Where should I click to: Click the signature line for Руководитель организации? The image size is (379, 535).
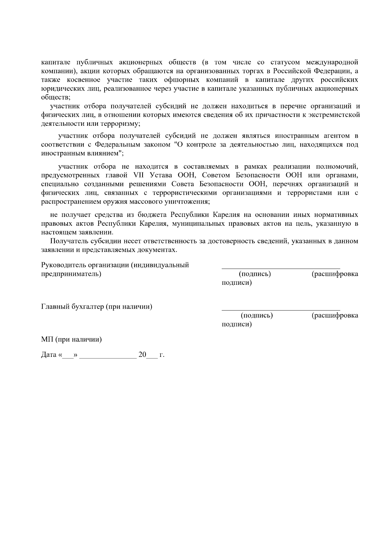pos(281,268)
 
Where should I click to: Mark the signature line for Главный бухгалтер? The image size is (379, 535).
pos(281,310)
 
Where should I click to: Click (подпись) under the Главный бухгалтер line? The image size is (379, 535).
pos(257,315)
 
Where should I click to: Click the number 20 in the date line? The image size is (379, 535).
pos(142,355)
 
